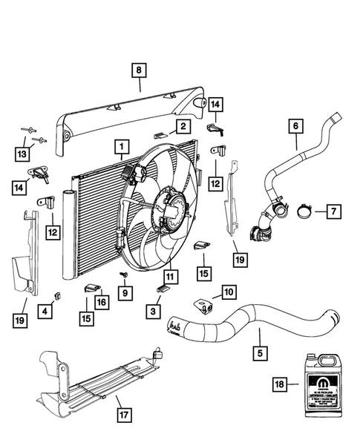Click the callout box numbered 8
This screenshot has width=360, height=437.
(138, 70)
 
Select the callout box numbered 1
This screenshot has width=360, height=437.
(120, 147)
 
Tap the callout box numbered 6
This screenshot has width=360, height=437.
(295, 128)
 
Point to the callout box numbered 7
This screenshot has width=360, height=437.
(332, 212)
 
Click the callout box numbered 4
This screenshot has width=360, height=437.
(46, 312)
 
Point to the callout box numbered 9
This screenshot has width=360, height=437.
(125, 293)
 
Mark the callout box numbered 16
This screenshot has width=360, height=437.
(100, 302)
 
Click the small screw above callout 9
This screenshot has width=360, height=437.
(125, 275)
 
